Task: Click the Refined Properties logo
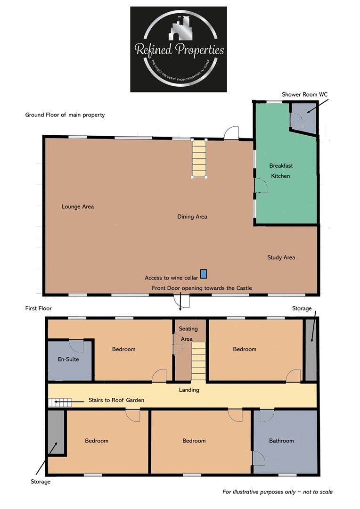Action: [x=178, y=49]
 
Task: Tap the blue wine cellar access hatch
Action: [x=204, y=273]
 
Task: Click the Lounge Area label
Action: [x=78, y=206]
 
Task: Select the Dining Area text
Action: [x=192, y=217]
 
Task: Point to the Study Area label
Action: [x=281, y=257]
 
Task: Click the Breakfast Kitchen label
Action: [x=281, y=171]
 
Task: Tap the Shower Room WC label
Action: [x=304, y=95]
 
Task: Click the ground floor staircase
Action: [x=199, y=158]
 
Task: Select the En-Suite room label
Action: [x=68, y=359]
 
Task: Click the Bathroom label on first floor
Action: [x=281, y=441]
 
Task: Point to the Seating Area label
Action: [x=188, y=334]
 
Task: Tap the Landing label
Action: [x=189, y=390]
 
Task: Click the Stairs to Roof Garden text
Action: [x=116, y=400]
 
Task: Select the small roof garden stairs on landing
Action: [x=59, y=402]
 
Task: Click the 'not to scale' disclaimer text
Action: [x=278, y=492]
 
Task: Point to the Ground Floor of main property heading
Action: [x=65, y=115]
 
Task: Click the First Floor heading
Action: [x=39, y=308]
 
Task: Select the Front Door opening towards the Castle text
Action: [x=202, y=288]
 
